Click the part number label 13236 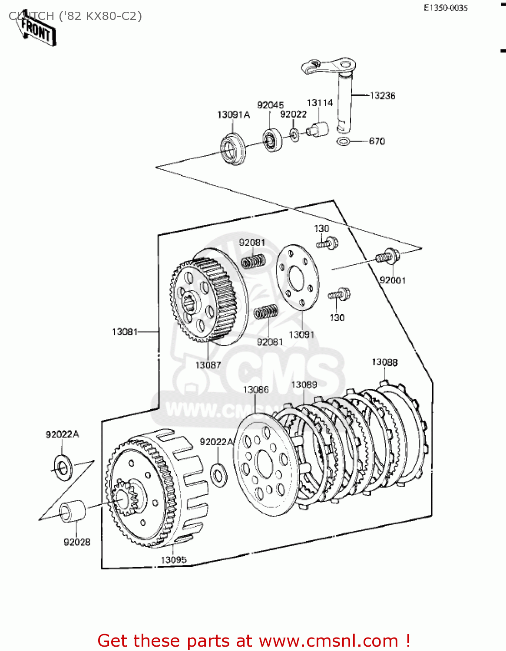382,96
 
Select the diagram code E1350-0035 446,8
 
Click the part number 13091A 234,115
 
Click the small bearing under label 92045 271,140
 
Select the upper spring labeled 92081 253,262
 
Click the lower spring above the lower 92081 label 266,312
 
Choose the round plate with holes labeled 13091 298,277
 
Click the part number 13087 208,365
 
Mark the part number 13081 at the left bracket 125,332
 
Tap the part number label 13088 384,362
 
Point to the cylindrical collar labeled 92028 73,511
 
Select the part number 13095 173,560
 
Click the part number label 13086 256,390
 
